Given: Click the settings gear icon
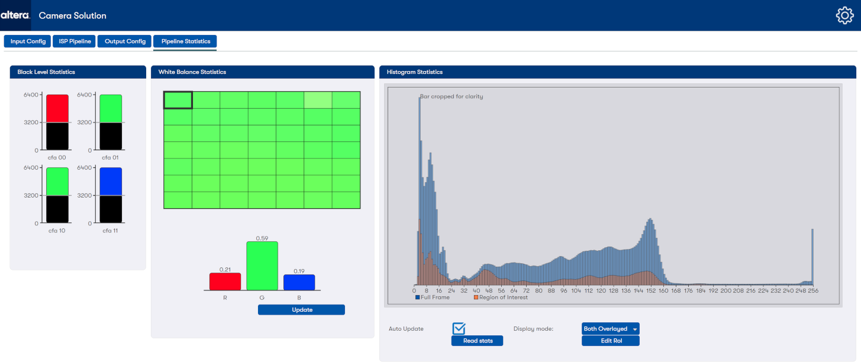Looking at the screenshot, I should point(844,15).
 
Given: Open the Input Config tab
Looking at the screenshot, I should point(28,41).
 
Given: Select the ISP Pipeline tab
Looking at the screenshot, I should point(75,41).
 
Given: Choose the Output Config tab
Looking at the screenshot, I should point(125,41).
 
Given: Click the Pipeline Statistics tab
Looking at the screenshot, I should point(185,41).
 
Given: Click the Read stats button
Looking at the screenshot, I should point(477,341).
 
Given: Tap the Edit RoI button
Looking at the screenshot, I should point(610,341).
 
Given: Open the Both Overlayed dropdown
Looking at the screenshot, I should point(610,329).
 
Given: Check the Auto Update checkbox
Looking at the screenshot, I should point(459,328).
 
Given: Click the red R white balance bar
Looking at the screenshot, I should point(225,282).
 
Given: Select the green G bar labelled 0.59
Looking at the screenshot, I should point(262,266).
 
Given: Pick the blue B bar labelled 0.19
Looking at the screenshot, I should point(299,282).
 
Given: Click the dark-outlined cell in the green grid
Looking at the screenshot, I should point(178,100).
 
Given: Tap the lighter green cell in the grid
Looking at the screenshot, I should point(318,100).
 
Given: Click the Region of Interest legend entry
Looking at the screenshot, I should point(500,298).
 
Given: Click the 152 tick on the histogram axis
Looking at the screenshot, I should point(651,291).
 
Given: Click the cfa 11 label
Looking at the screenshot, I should point(110,231).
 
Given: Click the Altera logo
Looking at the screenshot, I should point(15,15).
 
